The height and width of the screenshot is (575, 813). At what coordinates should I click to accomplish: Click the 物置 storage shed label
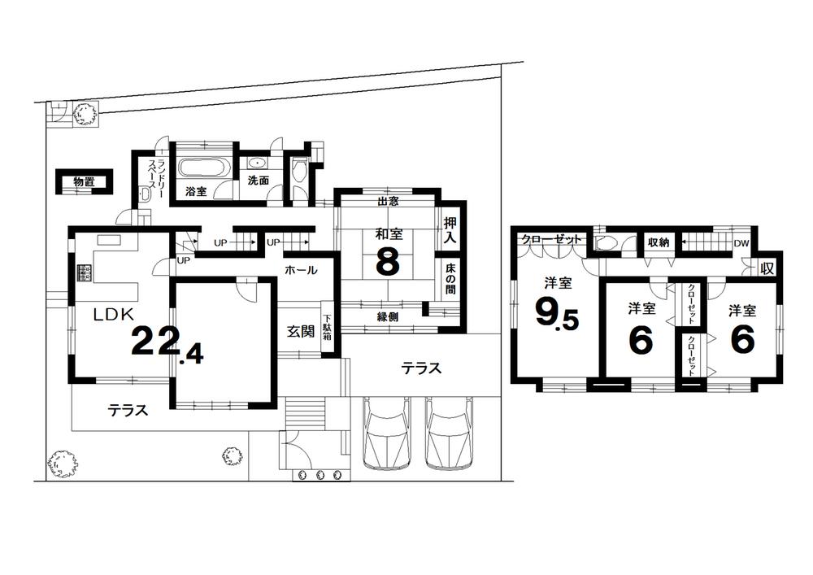point(83,182)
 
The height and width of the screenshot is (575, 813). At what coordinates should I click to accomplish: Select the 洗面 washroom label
point(259,181)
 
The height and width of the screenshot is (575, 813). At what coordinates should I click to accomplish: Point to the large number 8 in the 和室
point(387,263)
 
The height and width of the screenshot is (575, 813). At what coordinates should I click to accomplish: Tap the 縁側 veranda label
point(387,317)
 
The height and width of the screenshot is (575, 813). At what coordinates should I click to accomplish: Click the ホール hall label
point(300,270)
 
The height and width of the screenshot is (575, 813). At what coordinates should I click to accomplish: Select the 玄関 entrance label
point(299,331)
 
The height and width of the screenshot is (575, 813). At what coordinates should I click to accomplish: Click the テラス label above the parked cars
point(421,368)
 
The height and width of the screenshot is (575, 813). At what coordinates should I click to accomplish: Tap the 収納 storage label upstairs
point(658,242)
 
